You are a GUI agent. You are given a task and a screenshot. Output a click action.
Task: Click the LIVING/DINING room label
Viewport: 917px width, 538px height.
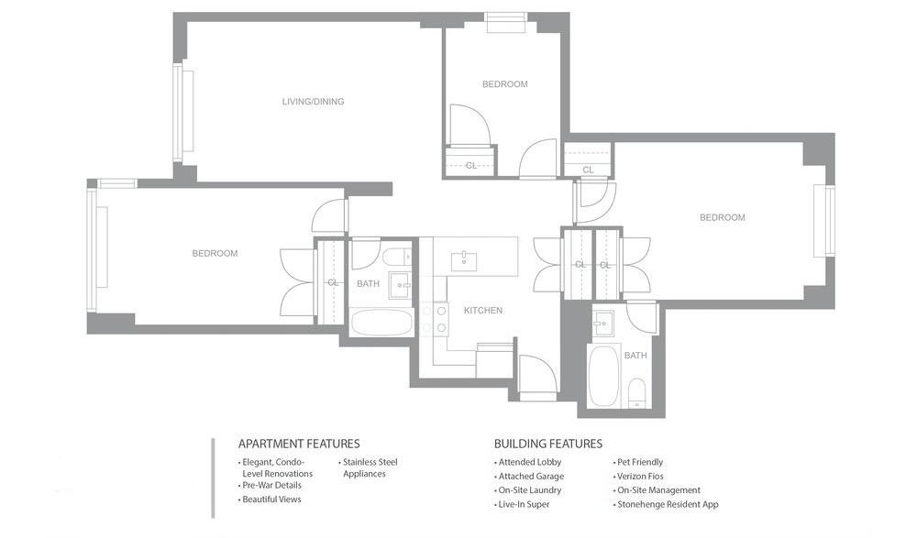313,102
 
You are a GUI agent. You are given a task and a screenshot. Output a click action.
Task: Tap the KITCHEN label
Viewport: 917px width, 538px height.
483,311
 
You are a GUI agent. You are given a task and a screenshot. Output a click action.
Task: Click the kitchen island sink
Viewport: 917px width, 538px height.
464,261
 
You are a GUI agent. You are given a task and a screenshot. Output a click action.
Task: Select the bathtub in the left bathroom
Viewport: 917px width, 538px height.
381,323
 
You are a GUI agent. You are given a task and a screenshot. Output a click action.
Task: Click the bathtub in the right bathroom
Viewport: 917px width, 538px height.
603,375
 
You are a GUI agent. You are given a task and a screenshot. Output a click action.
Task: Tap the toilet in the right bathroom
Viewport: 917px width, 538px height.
636,393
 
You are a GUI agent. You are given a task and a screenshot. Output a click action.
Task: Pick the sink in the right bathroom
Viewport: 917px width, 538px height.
602,324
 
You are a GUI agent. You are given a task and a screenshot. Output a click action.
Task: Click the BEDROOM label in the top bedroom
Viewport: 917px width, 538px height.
504,84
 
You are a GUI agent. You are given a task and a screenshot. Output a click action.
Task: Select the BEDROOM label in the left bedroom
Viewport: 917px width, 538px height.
215,254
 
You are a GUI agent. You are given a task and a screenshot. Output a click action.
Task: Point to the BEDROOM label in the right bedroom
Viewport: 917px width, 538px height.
723,217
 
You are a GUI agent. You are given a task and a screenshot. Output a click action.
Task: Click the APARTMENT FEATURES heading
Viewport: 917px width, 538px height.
299,444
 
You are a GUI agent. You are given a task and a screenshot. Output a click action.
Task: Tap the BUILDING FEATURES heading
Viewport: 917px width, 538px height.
548,444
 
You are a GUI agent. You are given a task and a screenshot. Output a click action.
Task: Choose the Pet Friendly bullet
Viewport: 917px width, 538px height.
638,462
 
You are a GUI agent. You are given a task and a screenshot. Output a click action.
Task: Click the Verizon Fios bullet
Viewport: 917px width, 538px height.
638,476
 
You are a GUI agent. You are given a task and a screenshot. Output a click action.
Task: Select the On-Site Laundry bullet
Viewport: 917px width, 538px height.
527,490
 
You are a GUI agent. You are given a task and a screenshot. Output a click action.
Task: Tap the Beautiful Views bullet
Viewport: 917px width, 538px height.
270,500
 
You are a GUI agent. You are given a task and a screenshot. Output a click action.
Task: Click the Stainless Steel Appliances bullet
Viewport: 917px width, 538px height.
368,467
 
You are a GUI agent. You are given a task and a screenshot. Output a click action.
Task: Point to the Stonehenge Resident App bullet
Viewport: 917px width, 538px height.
666,504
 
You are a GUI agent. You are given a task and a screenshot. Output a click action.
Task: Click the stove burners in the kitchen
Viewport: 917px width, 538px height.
434,319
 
